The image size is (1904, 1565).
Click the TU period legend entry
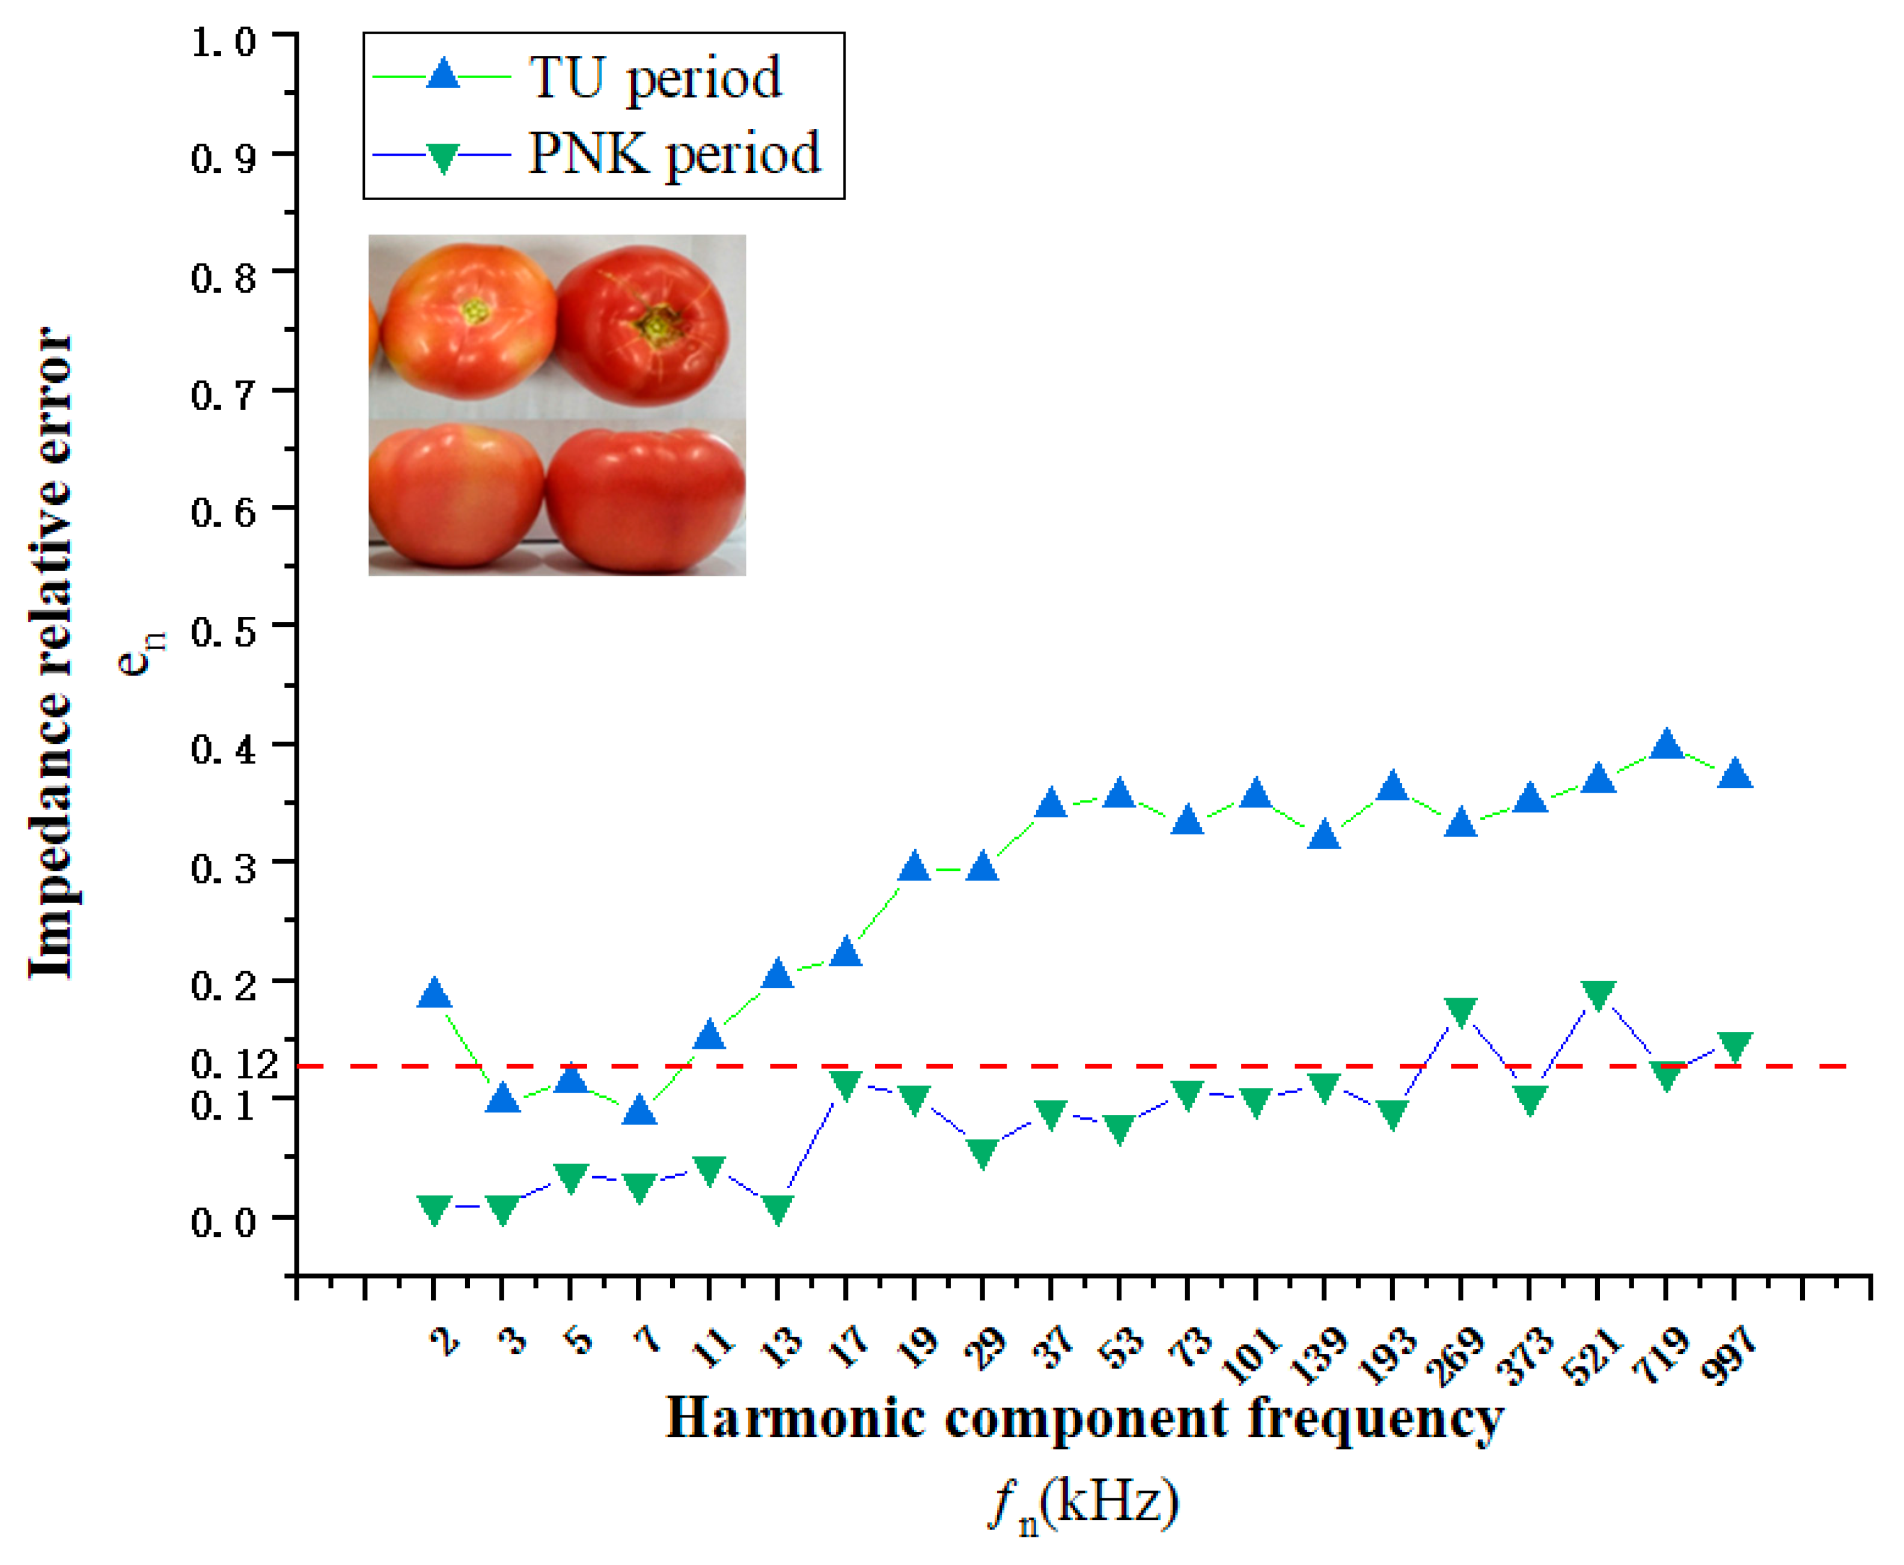coord(655,78)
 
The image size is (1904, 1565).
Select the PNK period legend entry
coord(673,153)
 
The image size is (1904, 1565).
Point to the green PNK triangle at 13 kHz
coord(778,1208)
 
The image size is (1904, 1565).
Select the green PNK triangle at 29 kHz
coord(983,1153)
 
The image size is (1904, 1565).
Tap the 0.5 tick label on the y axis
coord(224,632)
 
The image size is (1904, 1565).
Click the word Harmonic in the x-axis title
coord(795,1419)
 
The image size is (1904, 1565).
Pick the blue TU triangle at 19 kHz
coord(914,867)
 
